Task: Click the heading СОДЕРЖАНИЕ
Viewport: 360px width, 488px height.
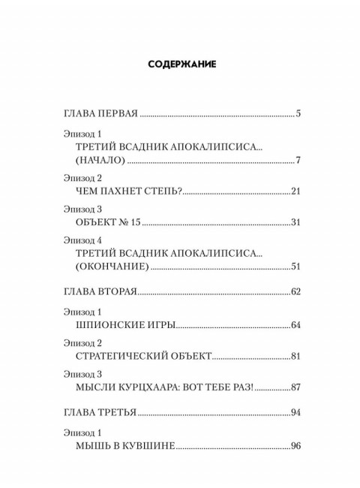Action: click(x=179, y=65)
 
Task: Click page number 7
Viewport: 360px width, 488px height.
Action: click(x=298, y=161)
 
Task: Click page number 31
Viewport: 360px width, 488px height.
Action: click(x=295, y=222)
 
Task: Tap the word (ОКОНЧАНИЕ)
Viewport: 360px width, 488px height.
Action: click(x=115, y=266)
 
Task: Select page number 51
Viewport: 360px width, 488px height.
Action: click(x=295, y=266)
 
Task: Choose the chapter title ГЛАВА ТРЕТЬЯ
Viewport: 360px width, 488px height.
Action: click(x=99, y=413)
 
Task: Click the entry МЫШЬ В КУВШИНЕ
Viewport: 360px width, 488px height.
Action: click(x=125, y=447)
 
